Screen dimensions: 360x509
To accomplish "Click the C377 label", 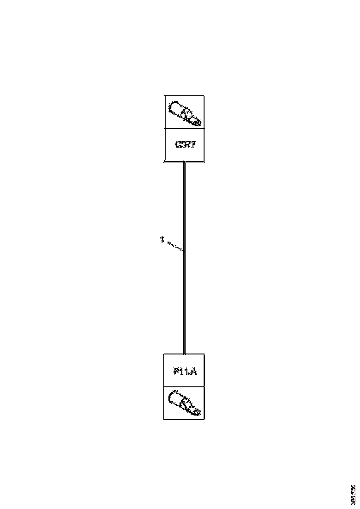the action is (185, 145).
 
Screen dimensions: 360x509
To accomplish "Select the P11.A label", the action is (185, 371).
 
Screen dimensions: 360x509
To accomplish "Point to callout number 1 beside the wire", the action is (162, 239).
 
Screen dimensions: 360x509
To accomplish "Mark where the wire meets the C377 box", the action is (185, 162).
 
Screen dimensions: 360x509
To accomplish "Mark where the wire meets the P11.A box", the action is (185, 354).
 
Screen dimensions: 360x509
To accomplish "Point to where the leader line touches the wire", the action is (184, 251).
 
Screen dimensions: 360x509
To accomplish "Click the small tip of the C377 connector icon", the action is (198, 123).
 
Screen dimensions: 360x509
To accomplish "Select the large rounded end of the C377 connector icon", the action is (174, 107).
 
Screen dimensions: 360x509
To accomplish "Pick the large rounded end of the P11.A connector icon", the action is (173, 397).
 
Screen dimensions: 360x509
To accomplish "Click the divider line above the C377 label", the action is (185, 129).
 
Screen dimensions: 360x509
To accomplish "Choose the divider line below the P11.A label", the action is (185, 387).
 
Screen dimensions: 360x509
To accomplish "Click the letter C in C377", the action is (178, 145).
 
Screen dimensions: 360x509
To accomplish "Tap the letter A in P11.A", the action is (194, 371).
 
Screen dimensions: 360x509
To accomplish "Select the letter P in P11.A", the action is (176, 371).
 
